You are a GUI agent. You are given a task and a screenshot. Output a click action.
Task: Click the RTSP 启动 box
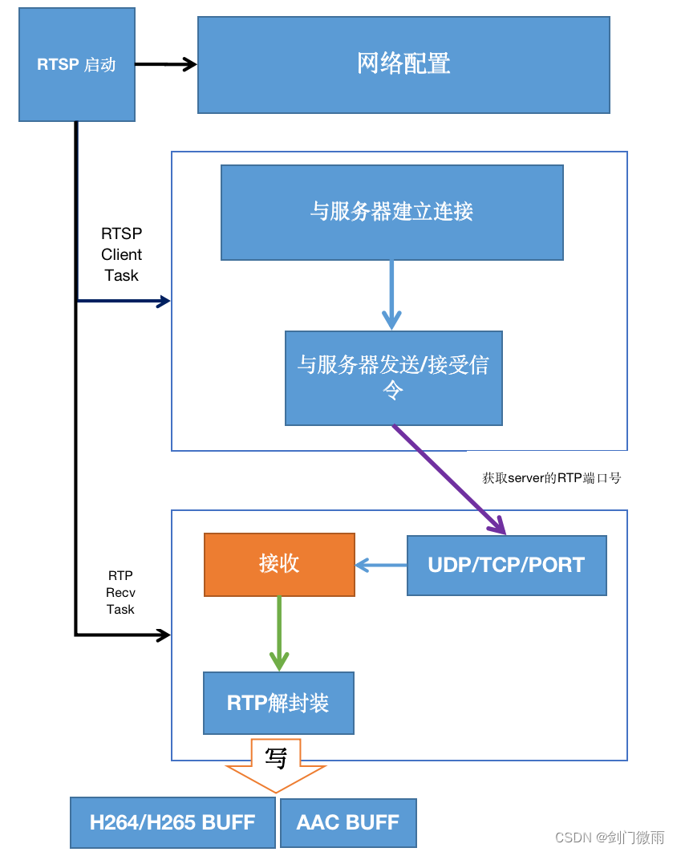(76, 65)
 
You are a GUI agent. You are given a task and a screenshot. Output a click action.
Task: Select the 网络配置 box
(403, 65)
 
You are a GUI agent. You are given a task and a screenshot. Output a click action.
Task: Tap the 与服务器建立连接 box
(391, 212)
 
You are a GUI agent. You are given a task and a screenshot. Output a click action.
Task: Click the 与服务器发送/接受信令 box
(393, 378)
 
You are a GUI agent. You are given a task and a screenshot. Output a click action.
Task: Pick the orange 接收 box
(279, 564)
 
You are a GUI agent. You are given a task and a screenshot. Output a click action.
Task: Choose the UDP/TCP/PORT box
(506, 565)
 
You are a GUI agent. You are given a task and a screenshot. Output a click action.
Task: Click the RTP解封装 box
(278, 704)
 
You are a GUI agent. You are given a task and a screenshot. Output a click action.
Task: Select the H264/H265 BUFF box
(172, 822)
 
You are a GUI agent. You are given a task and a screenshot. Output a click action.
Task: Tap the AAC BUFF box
(347, 822)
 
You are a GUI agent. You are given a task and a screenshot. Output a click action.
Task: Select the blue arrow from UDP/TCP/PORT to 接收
(381, 566)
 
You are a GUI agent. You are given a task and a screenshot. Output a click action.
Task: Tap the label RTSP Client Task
(121, 254)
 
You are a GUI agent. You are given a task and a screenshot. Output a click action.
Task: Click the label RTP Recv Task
(120, 592)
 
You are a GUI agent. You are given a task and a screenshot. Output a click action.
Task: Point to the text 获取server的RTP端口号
(551, 478)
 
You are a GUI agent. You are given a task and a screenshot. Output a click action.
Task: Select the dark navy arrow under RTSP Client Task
(124, 302)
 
